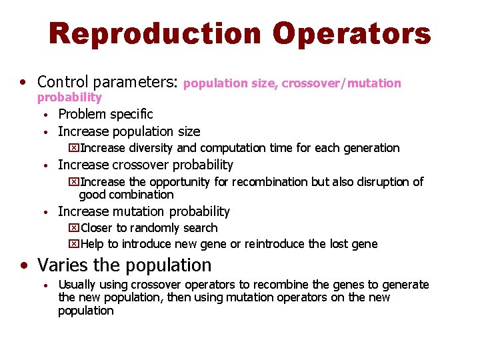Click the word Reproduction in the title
click(154, 34)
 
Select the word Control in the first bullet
click(64, 82)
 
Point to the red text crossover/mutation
click(341, 83)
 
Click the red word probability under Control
click(69, 98)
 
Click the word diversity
click(151, 148)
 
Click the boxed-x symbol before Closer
click(73, 228)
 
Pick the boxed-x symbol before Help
click(73, 244)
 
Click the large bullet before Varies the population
click(24, 266)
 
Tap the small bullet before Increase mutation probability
click(44, 212)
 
